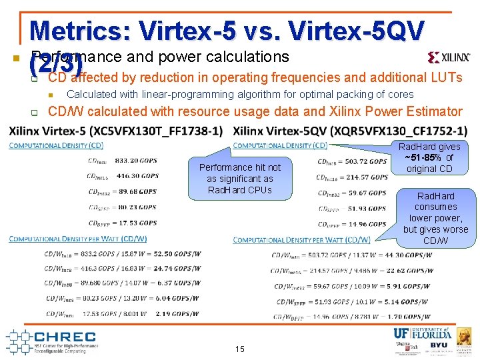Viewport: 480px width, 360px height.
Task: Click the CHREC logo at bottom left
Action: click(53, 341)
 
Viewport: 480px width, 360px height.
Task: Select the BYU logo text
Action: click(439, 345)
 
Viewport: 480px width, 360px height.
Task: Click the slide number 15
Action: click(240, 349)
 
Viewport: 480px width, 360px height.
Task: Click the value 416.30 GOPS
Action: click(137, 176)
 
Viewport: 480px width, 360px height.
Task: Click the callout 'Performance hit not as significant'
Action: click(240, 179)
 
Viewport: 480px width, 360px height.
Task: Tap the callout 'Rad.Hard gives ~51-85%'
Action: click(429, 157)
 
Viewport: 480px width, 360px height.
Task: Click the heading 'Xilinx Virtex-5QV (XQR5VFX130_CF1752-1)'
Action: click(350, 131)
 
